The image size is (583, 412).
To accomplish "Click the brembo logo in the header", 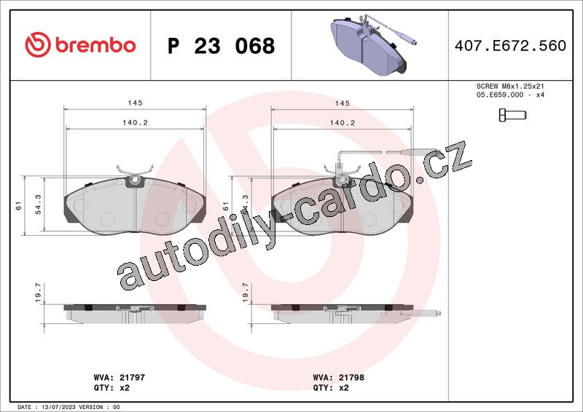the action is coord(80,44).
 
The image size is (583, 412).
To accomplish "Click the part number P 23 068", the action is coord(222,46).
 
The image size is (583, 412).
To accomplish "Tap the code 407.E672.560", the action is coord(510,45).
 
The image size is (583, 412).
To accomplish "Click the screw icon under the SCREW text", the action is coord(512,115).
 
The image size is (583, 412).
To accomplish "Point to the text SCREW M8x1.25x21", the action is coord(510,86).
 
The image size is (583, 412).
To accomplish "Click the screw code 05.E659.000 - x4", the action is coord(510,95).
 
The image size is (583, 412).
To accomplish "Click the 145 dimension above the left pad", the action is coord(135,103).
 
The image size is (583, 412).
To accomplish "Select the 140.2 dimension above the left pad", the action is coord(135,122).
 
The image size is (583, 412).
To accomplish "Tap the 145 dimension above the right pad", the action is coord(342,103).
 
